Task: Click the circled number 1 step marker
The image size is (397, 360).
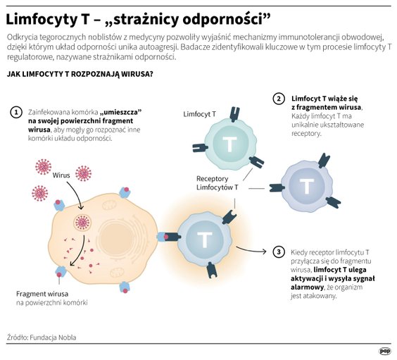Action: point(15,113)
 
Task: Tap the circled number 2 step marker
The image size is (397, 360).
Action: point(279,99)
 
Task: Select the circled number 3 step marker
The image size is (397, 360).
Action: point(279,252)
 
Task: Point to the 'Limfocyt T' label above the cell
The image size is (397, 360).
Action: point(199,113)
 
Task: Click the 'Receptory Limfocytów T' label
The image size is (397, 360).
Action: point(217,182)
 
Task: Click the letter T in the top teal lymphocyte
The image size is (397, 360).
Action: point(229,144)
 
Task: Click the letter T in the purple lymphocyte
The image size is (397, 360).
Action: point(307,187)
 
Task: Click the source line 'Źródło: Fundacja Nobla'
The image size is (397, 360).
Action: point(42,337)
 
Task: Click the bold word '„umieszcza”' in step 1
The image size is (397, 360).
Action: point(121,112)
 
